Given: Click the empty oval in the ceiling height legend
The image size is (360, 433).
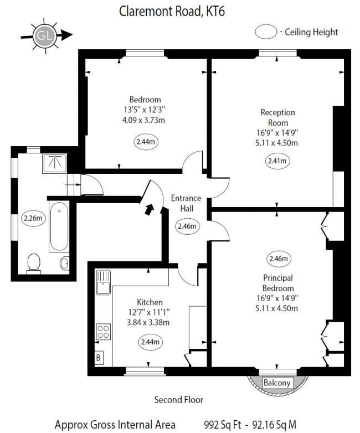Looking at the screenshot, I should pos(266,32).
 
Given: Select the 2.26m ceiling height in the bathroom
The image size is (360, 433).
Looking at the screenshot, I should pos(32,218).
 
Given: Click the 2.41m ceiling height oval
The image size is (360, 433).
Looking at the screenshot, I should pos(276,162).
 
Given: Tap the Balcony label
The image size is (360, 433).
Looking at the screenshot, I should pos(276,383).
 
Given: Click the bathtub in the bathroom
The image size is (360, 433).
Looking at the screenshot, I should pos(58,227).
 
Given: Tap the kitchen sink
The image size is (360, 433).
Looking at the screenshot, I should pos(103,286).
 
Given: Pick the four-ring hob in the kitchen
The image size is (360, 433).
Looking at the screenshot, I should pos(104,331).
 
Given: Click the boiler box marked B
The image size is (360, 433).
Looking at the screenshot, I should pos(99,358).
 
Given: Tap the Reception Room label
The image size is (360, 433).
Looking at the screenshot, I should pos(277,117).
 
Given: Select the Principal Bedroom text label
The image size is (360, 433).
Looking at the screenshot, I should pos(277,283).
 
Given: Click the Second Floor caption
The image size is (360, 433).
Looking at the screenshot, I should pos(178,399).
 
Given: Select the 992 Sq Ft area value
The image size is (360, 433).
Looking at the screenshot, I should pos(222,425).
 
